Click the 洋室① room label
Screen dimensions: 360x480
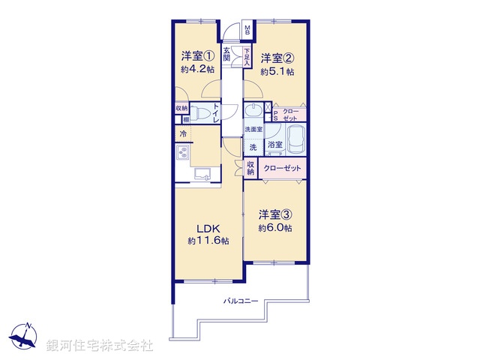198,55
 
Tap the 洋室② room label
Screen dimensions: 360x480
277,58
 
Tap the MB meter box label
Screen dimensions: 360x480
249,32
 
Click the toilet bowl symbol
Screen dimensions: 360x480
199,113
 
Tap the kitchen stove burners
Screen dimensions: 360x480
182,153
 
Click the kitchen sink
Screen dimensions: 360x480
204,175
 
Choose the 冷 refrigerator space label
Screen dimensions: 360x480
182,134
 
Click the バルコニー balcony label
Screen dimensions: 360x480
241,301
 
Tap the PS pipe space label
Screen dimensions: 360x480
275,115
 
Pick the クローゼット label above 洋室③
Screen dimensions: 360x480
282,169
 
